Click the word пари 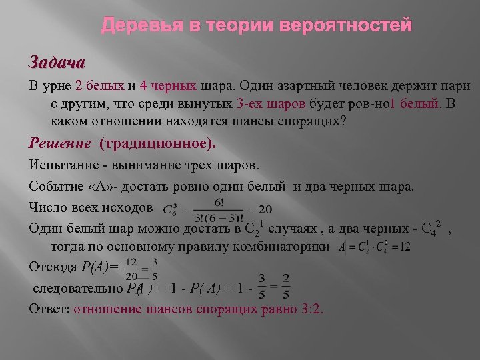pyautogui.click(x=455, y=87)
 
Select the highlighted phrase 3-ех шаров pyautogui.click(x=271, y=104)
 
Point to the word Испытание pyautogui.click(x=61, y=165)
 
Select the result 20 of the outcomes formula pyautogui.click(x=264, y=209)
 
